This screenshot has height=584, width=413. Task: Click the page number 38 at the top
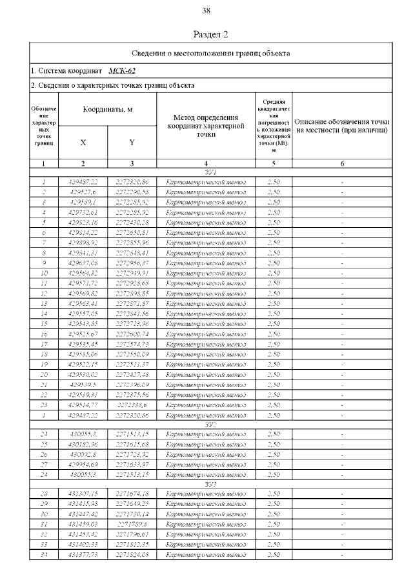coord(206,10)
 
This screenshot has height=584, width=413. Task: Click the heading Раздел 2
coord(211,34)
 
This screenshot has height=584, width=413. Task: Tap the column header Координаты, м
coord(107,109)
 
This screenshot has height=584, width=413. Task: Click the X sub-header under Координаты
coord(83,142)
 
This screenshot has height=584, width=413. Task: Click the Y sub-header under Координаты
coord(132,142)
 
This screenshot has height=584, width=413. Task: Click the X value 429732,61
coord(83,212)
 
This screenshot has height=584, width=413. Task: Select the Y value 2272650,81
coord(132,232)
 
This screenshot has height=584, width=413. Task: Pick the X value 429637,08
coord(83,263)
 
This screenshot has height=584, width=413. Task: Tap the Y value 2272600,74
coord(132,334)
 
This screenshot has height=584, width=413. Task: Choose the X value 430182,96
coord(83,445)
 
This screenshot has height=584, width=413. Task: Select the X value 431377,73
coord(83,555)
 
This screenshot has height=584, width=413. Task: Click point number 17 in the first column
coord(44,344)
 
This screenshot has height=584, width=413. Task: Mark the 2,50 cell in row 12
coord(273,293)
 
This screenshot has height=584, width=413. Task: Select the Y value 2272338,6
coord(132,405)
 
